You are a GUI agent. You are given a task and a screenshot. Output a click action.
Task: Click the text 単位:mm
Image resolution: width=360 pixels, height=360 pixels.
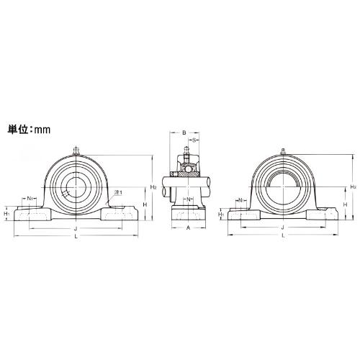[x=29, y=130]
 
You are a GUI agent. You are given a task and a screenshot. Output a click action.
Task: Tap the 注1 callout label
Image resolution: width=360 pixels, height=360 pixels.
[x=118, y=192]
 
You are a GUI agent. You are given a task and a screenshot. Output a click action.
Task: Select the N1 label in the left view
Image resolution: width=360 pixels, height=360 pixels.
[x=30, y=198]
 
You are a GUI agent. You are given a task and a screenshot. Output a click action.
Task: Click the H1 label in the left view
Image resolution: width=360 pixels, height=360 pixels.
[x=7, y=212]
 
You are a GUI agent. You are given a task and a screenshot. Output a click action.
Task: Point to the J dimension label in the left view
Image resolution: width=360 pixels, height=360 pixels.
[x=76, y=228]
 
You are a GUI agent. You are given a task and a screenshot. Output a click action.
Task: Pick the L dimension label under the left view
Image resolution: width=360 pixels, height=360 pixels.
[x=76, y=236]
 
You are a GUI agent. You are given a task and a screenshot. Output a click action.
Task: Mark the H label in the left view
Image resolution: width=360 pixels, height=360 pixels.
[x=145, y=204]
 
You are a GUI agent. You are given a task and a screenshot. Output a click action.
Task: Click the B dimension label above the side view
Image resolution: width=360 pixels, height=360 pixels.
[x=184, y=132]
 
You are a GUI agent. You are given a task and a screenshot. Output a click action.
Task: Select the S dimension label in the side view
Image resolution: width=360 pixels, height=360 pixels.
[x=195, y=140]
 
